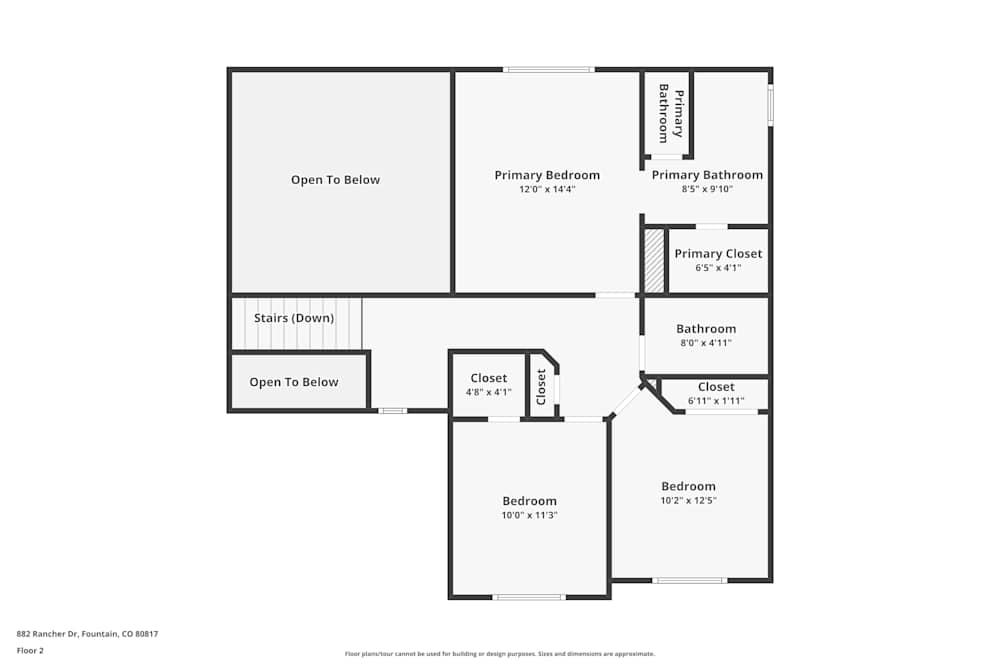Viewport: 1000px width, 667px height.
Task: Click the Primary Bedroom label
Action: click(x=547, y=175)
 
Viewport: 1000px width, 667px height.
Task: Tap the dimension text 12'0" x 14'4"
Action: click(x=547, y=189)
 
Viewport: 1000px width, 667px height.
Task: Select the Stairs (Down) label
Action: click(x=294, y=318)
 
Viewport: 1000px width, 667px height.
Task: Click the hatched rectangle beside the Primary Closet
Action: click(x=654, y=261)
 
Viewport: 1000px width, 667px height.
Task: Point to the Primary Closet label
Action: click(x=718, y=254)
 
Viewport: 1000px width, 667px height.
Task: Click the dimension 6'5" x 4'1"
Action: click(x=718, y=268)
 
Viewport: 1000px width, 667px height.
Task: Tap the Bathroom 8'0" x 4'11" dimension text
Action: click(x=706, y=343)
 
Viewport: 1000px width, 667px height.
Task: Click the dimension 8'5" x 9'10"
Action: click(x=707, y=189)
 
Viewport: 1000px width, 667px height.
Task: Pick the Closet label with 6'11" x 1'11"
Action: click(x=716, y=387)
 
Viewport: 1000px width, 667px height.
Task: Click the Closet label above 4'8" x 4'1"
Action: click(x=488, y=378)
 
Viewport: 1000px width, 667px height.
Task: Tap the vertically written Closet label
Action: click(x=541, y=386)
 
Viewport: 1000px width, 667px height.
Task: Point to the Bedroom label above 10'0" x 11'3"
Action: click(x=529, y=501)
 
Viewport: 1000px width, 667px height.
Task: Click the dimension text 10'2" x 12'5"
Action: click(x=688, y=500)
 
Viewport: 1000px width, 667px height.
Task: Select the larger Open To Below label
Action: click(x=336, y=180)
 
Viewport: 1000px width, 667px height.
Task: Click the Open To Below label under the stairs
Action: click(x=294, y=382)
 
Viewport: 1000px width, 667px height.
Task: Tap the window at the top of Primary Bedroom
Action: click(x=548, y=69)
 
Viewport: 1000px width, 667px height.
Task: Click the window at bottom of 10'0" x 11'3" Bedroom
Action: click(x=529, y=597)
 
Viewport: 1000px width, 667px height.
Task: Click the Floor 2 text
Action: click(x=30, y=650)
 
